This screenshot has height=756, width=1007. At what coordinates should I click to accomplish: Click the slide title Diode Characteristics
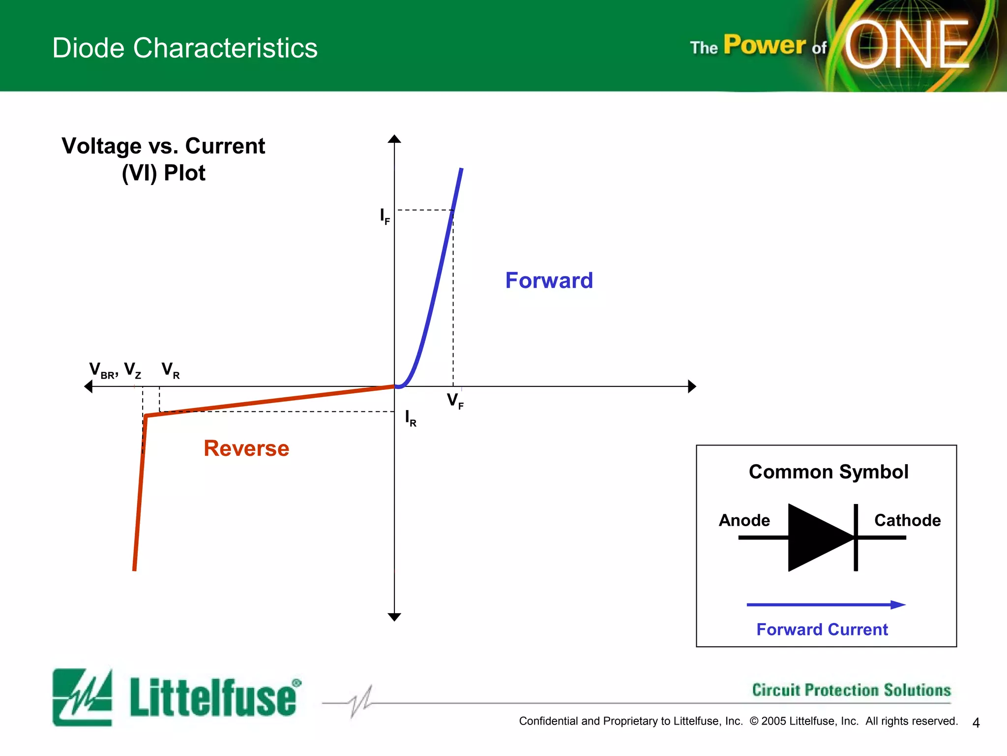[x=185, y=48]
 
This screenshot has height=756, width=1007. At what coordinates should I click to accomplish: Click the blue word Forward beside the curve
[x=549, y=281]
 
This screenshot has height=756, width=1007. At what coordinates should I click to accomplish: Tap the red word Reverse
[x=246, y=448]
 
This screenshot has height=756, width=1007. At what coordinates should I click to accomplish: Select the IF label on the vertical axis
[x=385, y=217]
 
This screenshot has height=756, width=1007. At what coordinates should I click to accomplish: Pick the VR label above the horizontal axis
[x=170, y=370]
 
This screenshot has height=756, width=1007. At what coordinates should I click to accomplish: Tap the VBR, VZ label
[x=115, y=370]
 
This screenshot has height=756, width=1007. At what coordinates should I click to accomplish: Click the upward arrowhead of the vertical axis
[x=394, y=139]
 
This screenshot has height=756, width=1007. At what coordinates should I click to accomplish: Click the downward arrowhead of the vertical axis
[x=394, y=617]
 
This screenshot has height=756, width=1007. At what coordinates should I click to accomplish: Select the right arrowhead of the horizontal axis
[x=692, y=386]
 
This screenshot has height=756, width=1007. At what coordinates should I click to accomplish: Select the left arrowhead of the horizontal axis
[x=89, y=386]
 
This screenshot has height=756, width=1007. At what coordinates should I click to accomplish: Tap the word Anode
[x=744, y=520]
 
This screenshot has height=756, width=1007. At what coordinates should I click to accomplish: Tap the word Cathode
[x=907, y=520]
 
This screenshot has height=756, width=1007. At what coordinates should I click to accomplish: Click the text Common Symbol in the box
[x=828, y=472]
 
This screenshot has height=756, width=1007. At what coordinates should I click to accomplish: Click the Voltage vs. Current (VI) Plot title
[x=163, y=159]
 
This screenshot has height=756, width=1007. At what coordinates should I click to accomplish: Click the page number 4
[x=976, y=723]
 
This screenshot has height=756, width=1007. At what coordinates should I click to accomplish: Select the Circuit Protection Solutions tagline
[x=851, y=690]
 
